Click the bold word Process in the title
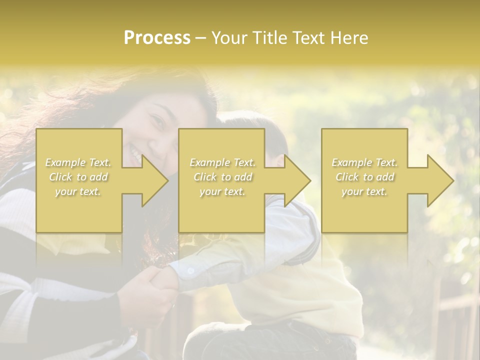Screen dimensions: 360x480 (157, 38)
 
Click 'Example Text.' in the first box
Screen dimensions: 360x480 (78, 162)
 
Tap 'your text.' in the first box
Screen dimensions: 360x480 (78, 191)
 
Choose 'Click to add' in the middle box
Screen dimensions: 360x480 (222, 177)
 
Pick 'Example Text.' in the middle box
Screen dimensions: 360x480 (222, 162)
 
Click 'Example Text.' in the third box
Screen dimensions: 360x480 (364, 162)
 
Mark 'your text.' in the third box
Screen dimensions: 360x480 (364, 191)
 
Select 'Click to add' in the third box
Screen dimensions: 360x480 (364, 177)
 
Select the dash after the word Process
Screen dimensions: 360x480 (200, 38)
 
